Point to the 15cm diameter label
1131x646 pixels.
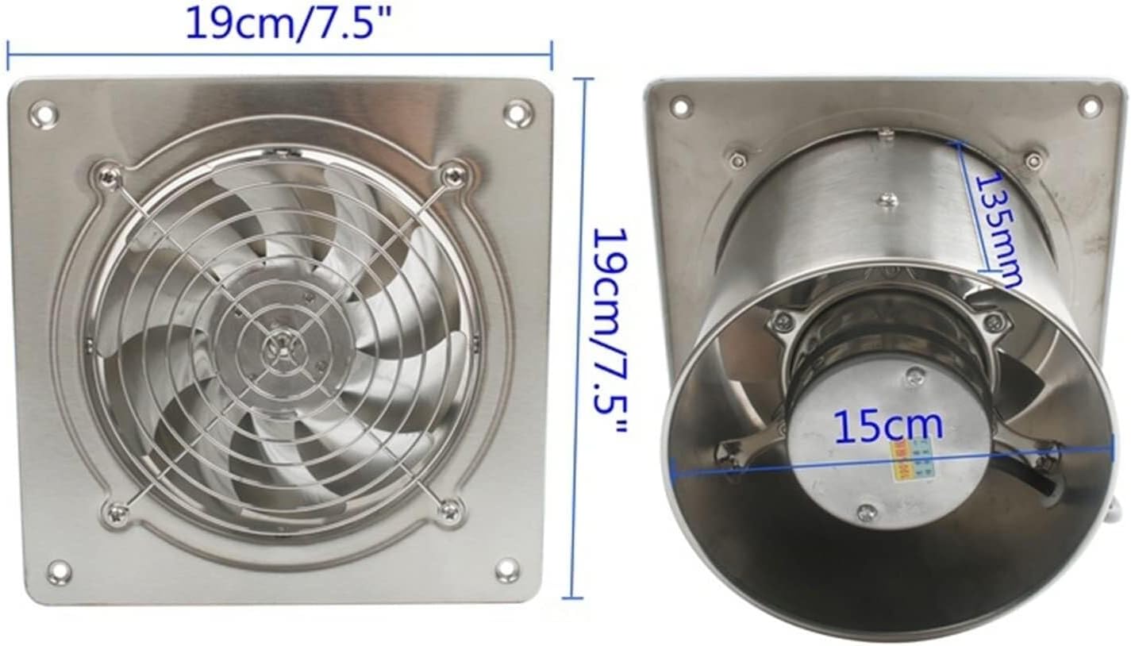pos(888,426)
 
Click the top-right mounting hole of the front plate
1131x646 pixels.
pos(517,112)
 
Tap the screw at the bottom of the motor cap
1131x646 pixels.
pos(867,513)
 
